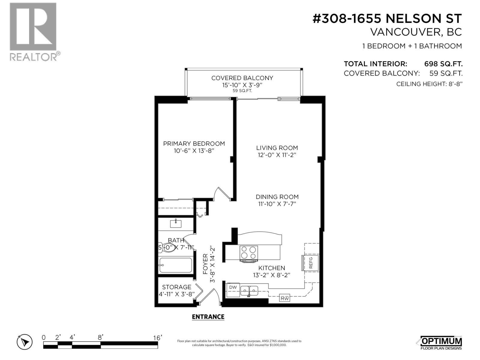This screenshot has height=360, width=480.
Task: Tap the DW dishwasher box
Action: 233,287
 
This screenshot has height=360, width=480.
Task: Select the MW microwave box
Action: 285,298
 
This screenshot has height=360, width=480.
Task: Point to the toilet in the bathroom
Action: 167,248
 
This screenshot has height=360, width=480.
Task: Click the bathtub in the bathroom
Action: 176,265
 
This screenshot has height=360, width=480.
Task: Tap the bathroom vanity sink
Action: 175,223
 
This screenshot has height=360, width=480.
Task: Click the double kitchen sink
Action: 250,290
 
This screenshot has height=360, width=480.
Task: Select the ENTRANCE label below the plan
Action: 208,317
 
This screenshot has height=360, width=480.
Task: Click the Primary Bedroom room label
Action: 194,144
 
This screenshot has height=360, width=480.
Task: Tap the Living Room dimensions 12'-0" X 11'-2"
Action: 277,155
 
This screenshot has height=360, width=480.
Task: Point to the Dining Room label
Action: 277,197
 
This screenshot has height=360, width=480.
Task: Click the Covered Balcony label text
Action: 242,78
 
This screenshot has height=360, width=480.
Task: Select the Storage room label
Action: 176,287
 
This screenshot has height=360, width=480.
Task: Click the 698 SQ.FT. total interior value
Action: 443,64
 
